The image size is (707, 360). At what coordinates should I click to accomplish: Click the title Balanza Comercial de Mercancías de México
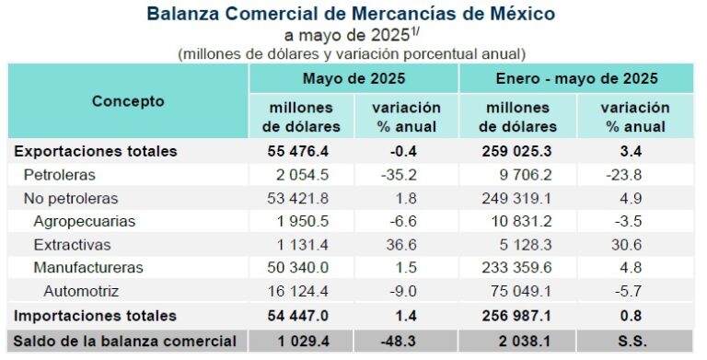pos(351,15)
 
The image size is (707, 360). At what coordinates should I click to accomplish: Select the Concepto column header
pos(128,101)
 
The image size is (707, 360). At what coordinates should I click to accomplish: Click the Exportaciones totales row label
pos(94,151)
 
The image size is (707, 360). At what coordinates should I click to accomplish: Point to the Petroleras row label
pos(60,174)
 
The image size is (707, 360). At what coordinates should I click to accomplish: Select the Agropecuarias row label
pos(84,221)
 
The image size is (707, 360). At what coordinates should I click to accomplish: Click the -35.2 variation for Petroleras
pos(405,174)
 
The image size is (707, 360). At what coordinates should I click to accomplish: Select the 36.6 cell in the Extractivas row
pos(407,245)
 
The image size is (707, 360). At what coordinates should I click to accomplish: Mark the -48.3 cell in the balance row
pos(405,341)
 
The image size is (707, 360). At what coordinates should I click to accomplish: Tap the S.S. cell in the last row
pos(633,341)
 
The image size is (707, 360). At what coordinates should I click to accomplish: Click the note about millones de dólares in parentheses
pos(351,53)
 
